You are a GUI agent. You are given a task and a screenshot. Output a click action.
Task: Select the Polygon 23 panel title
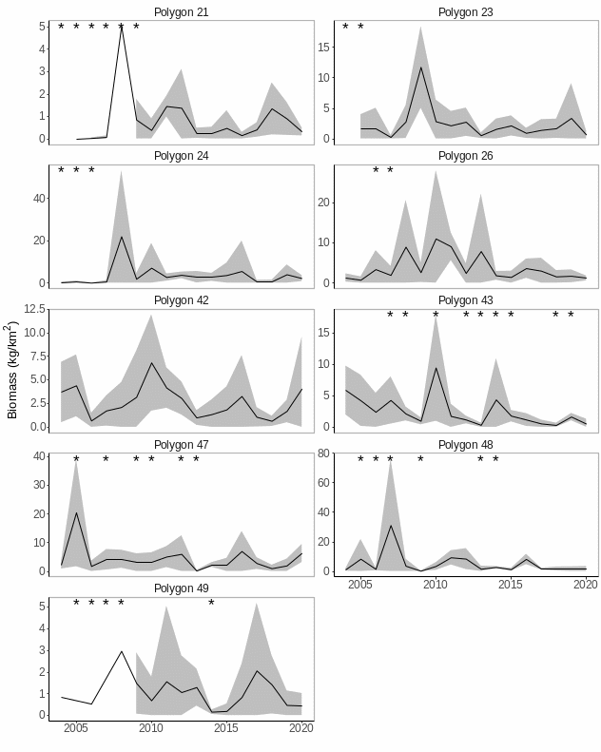tap(466, 12)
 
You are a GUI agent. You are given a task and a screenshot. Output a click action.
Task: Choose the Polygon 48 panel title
tap(466, 444)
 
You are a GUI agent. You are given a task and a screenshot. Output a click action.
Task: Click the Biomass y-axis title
tap(12, 371)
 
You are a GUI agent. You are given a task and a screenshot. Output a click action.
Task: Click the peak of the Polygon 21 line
tap(121, 26)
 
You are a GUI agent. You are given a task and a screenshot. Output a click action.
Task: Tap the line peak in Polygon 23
tap(420, 67)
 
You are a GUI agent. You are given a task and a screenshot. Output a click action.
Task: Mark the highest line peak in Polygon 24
tap(121, 237)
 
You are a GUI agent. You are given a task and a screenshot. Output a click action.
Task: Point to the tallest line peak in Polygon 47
tap(76, 512)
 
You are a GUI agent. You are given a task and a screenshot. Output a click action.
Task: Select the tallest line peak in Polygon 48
tap(390, 526)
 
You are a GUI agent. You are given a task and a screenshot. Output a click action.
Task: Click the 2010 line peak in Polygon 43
tap(436, 368)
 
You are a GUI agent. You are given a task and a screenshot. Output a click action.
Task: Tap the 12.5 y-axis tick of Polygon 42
tap(36, 309)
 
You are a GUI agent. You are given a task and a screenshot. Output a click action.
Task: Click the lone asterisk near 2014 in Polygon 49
tap(211, 603)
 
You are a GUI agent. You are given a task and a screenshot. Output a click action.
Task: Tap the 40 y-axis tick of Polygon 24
tap(39, 198)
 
